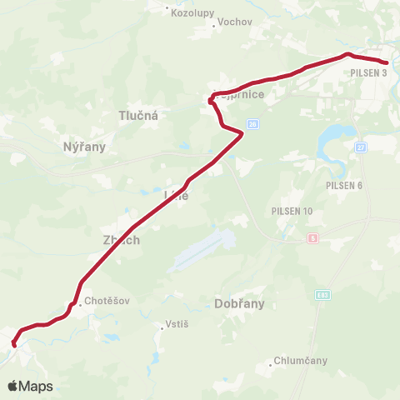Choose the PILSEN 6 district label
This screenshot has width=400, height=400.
click(x=344, y=185)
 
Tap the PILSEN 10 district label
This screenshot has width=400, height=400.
click(x=292, y=211)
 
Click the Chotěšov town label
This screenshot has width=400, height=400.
click(x=107, y=301)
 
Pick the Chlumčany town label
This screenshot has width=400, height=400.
click(x=301, y=361)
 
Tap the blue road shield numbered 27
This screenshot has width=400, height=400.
click(x=360, y=147)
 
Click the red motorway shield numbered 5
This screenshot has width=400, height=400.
click(x=312, y=238)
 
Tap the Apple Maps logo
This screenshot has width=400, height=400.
click(x=30, y=386)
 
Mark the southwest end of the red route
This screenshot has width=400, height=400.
click(x=14, y=344)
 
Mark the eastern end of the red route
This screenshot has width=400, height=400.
click(x=387, y=62)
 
